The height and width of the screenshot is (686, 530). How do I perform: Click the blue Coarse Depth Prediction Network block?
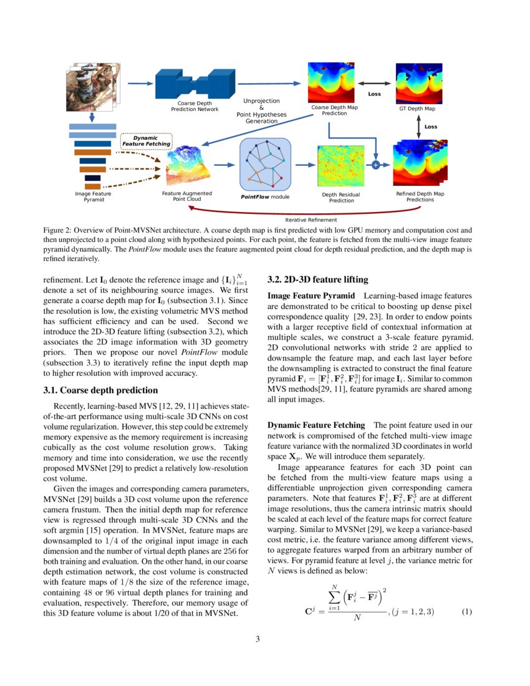(195, 85)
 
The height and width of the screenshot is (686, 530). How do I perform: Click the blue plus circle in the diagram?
(375, 165)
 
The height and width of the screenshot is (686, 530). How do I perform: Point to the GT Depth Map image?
(417, 84)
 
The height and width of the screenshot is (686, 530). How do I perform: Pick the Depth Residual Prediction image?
(340, 166)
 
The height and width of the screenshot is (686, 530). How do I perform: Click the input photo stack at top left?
(92, 87)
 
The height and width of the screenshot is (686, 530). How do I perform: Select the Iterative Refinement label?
(311, 220)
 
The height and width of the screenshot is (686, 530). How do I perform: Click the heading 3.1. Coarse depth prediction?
(100, 390)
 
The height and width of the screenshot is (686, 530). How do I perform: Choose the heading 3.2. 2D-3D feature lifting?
(317, 279)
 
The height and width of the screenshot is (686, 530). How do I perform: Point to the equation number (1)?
(466, 611)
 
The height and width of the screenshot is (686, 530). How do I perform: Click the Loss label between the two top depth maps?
(375, 94)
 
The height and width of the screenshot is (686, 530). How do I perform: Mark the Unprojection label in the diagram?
(261, 100)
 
